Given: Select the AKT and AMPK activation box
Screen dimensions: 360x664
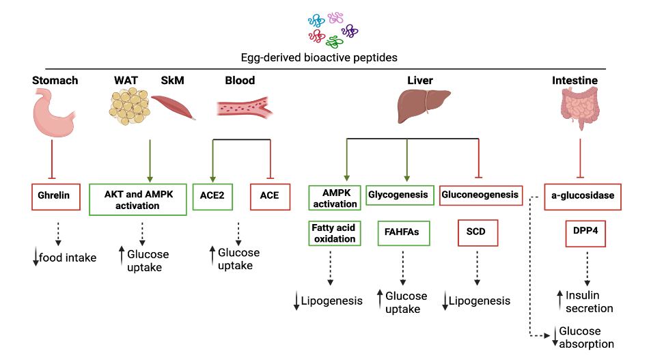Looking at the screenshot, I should [x=138, y=199].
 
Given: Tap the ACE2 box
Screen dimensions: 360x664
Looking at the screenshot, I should [x=213, y=195].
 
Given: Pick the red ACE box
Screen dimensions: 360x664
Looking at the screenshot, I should [x=269, y=195].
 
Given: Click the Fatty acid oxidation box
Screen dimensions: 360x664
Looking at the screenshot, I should [x=334, y=234].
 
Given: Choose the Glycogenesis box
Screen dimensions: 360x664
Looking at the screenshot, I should [x=398, y=195].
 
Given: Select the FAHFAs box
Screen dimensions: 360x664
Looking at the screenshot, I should [x=402, y=232].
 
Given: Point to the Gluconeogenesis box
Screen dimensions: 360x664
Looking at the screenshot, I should [x=480, y=195].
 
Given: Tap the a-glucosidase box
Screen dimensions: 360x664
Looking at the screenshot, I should [x=582, y=196].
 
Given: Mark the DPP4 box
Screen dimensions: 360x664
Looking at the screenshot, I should [x=585, y=232].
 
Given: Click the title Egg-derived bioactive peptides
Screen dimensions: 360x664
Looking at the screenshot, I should [x=318, y=57].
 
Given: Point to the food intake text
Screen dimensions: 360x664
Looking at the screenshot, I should [x=67, y=258].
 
